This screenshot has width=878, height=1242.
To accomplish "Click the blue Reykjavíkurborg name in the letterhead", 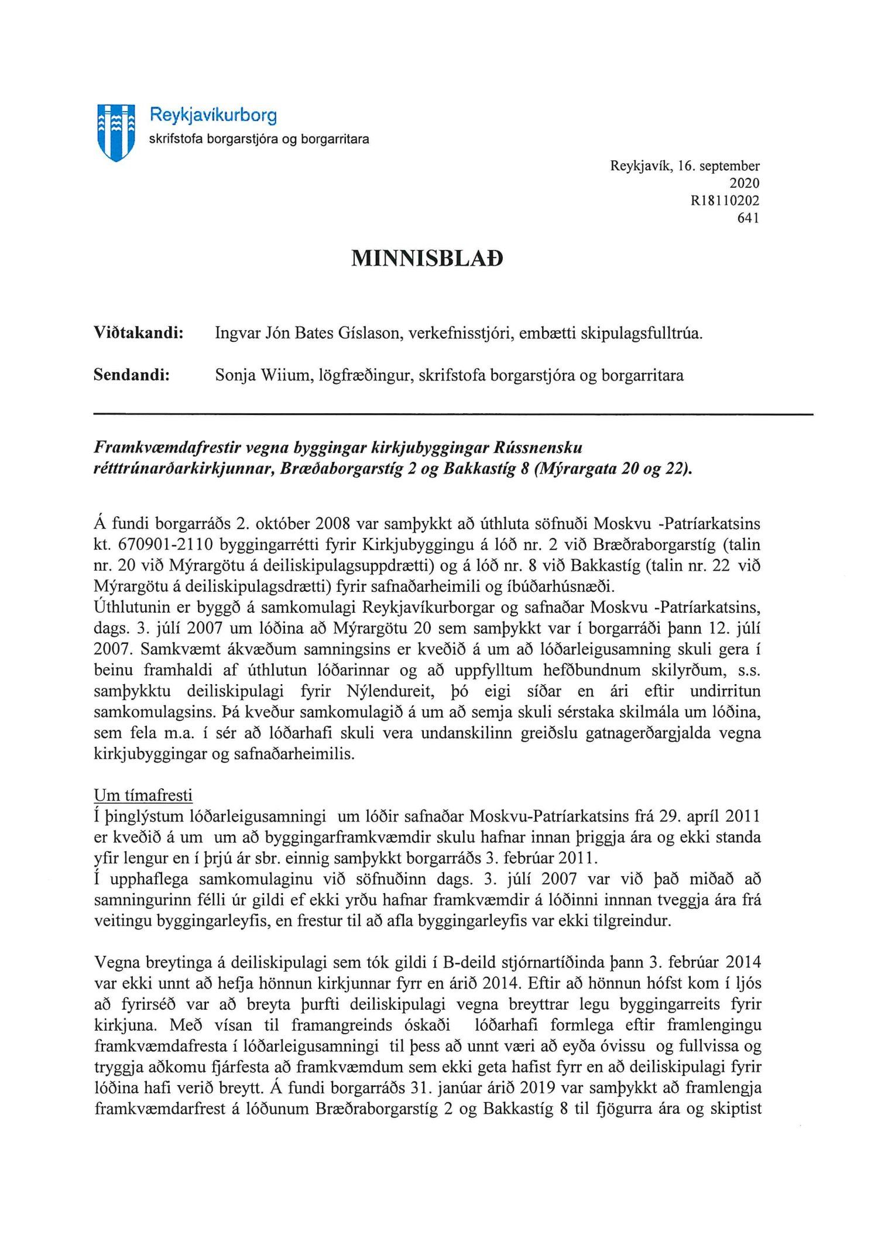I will point(213,115).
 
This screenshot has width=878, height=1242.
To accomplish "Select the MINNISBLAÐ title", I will point(427,258).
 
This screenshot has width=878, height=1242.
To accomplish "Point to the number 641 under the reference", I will point(748,218).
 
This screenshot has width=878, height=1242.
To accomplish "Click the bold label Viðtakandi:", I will point(139,333).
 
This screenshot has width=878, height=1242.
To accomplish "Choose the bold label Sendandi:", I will point(132,375).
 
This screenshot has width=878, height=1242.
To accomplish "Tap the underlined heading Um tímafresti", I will point(143,795).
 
